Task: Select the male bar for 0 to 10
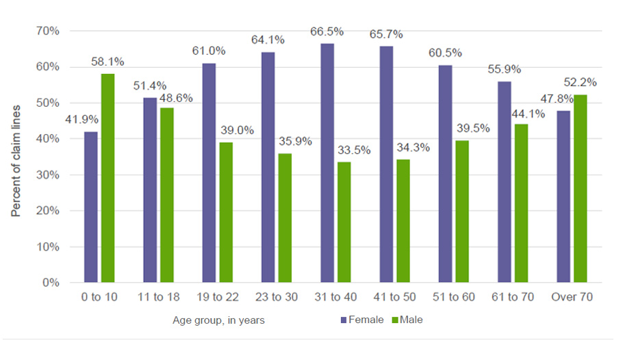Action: pyautogui.click(x=108, y=178)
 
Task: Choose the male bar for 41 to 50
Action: pyautogui.click(x=403, y=220)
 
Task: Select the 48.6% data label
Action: pyautogui.click(x=177, y=98)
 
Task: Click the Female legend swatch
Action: pyautogui.click(x=344, y=320)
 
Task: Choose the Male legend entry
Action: pyautogui.click(x=409, y=320)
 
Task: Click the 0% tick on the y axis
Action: pyautogui.click(x=56, y=282)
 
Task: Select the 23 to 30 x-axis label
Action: pyautogui.click(x=277, y=298)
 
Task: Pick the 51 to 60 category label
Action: pyautogui.click(x=454, y=298)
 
